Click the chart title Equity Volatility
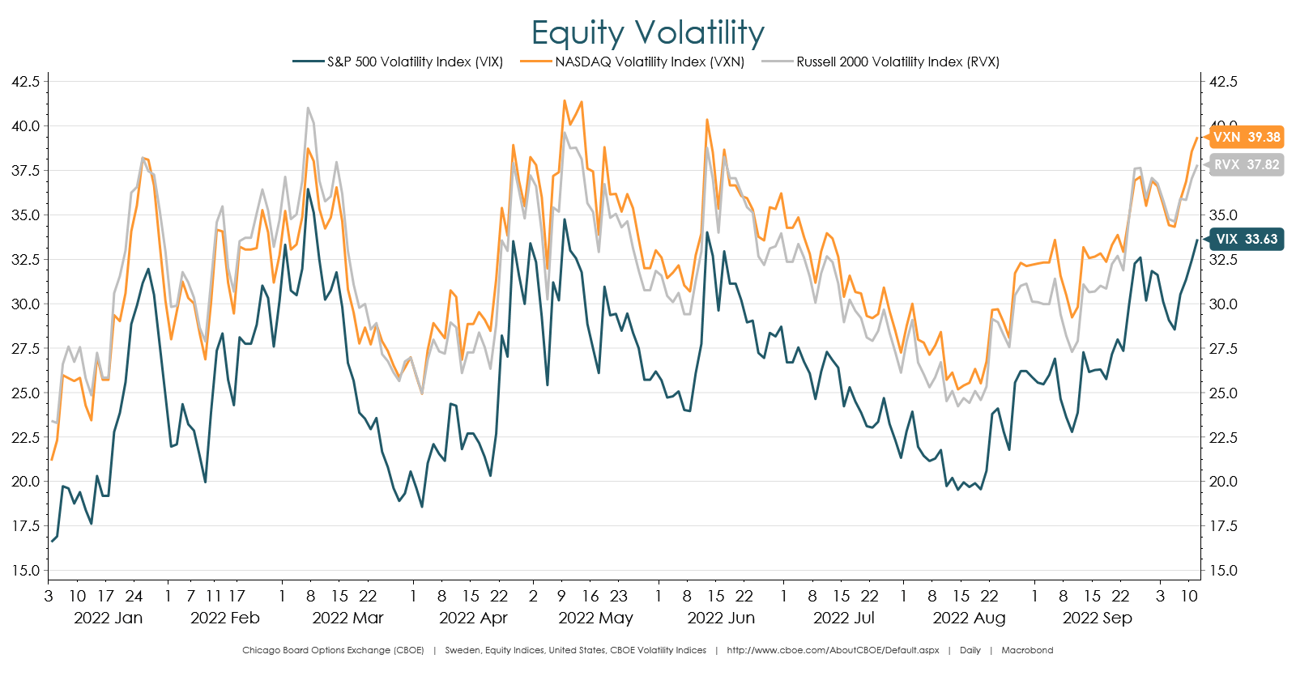click(x=647, y=33)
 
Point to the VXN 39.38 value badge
click(x=1246, y=137)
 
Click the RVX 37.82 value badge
click(x=1246, y=164)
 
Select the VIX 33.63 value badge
click(x=1246, y=239)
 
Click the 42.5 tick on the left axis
click(x=25, y=82)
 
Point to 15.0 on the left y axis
click(x=25, y=571)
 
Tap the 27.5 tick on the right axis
click(x=1223, y=349)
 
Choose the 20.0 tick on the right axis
click(x=1223, y=482)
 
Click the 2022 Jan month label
click(x=108, y=618)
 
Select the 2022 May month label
click(x=595, y=618)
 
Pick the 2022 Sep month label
click(x=1097, y=618)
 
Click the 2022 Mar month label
click(x=347, y=618)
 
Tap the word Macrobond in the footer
click(x=1027, y=650)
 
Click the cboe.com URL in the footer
click(x=833, y=650)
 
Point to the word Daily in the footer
click(x=970, y=650)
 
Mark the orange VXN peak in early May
click(x=565, y=101)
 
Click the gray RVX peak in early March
click(x=309, y=108)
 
